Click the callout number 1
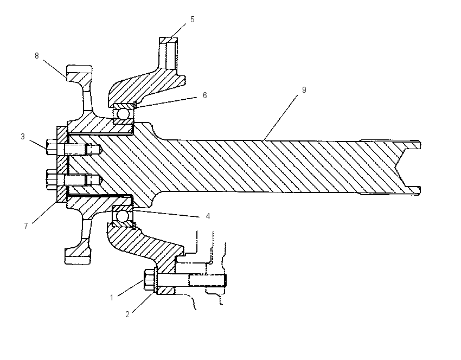[x=112, y=298]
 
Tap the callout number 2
[x=127, y=314]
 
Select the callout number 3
[x=23, y=137]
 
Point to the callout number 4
[x=208, y=216]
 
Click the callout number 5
[x=193, y=20]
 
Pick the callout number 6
[x=204, y=95]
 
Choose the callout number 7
[x=26, y=226]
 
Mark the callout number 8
[x=36, y=56]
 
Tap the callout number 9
[x=304, y=90]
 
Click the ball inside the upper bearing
[x=123, y=113]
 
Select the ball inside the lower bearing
[x=123, y=216]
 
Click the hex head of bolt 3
[x=52, y=146]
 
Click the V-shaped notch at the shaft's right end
[x=404, y=167]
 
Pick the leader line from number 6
[x=165, y=102]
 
